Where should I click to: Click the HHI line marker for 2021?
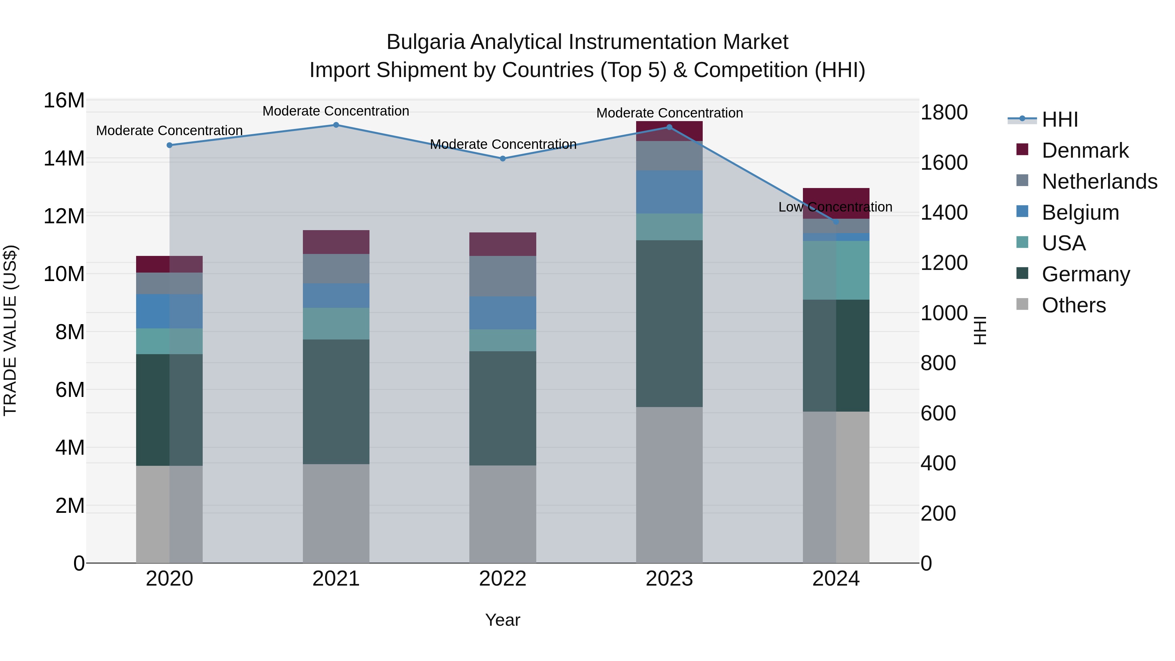tap(336, 125)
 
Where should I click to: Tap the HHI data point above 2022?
tap(503, 159)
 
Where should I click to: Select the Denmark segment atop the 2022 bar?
tap(503, 244)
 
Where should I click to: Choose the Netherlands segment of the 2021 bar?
tap(336, 269)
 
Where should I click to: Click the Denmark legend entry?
tap(1085, 150)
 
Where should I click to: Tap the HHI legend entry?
tap(1059, 119)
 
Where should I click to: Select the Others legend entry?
tap(1073, 305)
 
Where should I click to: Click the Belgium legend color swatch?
tap(1022, 212)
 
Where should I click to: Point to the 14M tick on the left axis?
tap(64, 159)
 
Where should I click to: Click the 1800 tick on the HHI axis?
tap(944, 113)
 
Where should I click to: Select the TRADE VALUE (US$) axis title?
tap(10, 330)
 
